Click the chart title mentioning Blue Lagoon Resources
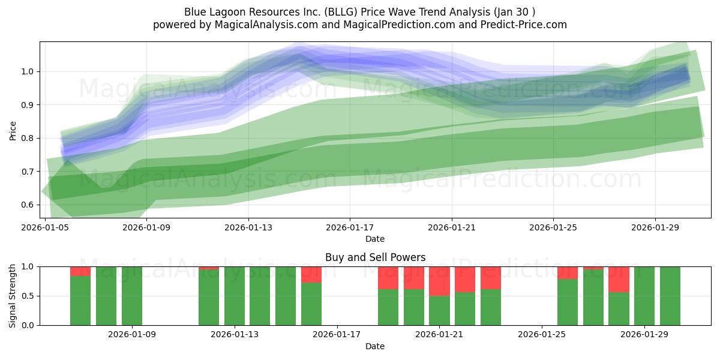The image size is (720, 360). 360,11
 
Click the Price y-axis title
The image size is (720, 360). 13,130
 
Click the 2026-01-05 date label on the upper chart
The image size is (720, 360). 46,228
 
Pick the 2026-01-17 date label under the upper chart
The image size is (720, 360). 350,228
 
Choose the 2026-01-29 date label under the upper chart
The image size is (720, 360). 655,228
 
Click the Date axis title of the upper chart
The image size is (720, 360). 375,239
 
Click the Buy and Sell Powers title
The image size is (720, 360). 375,257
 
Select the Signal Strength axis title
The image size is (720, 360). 13,296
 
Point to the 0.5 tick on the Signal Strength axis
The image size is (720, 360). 28,296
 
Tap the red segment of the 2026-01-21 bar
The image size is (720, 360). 439,281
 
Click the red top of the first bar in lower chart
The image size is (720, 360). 80,271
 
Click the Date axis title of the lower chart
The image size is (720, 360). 375,346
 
